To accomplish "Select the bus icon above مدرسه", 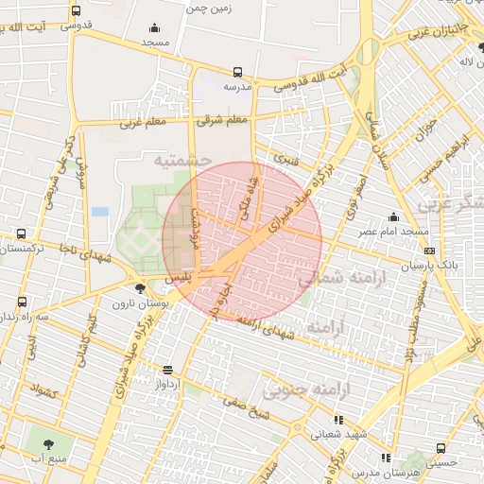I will pyautogui.click(x=237, y=71).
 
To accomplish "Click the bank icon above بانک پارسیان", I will pyautogui.click(x=430, y=251).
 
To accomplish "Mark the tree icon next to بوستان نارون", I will pyautogui.click(x=141, y=289).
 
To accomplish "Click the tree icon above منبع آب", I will pyautogui.click(x=43, y=441).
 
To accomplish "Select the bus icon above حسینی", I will pyautogui.click(x=441, y=448).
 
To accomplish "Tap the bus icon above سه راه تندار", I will pyautogui.click(x=22, y=302).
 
